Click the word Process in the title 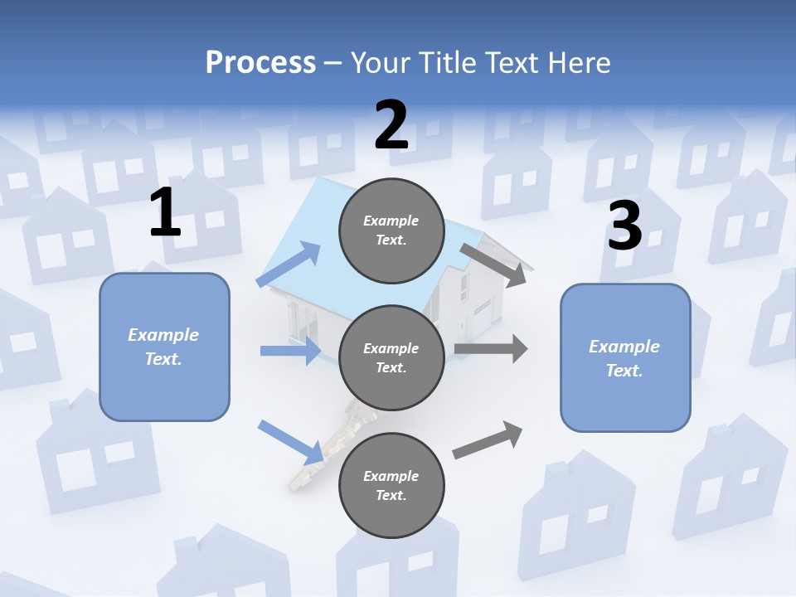[260, 62]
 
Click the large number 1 [165, 213]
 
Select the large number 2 [391, 124]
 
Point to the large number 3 [624, 226]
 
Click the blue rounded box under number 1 [164, 347]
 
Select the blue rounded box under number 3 [625, 358]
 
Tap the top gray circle [391, 231]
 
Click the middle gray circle [391, 357]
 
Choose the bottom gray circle [391, 485]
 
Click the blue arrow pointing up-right [289, 265]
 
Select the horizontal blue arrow [290, 351]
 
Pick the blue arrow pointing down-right [291, 442]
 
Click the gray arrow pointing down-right [494, 265]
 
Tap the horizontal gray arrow [490, 349]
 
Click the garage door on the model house [483, 317]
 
